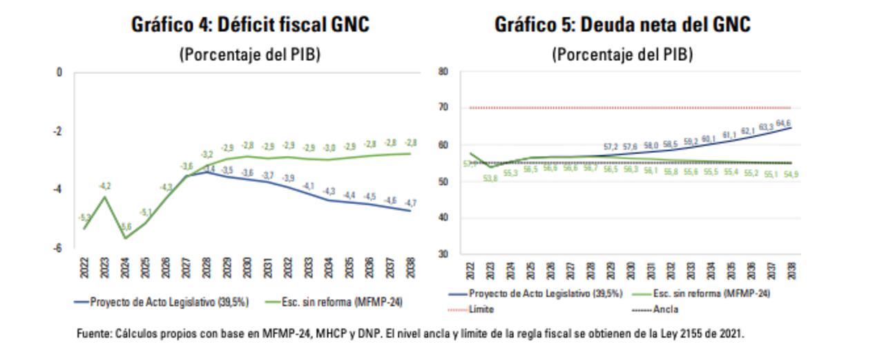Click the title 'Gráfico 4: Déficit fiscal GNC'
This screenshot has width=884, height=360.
[250, 25]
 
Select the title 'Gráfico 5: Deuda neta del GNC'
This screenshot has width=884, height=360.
[622, 25]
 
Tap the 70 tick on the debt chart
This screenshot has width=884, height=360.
[444, 108]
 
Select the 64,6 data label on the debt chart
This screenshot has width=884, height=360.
[782, 123]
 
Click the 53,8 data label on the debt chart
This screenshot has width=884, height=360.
[489, 178]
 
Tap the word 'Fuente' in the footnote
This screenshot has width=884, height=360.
[93, 334]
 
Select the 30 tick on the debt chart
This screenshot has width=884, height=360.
[444, 254]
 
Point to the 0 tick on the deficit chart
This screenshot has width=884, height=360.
[59, 72]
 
